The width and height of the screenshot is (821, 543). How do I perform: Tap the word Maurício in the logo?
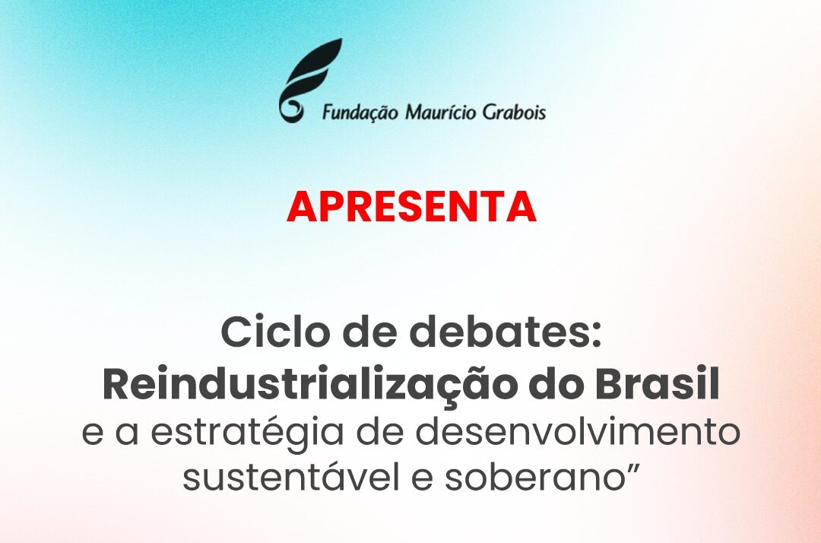click(x=441, y=112)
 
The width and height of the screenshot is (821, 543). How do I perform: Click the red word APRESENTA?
click(x=411, y=207)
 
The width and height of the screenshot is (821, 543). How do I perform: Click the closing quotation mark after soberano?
click(x=631, y=466)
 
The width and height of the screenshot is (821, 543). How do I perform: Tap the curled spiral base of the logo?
click(x=290, y=108)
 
